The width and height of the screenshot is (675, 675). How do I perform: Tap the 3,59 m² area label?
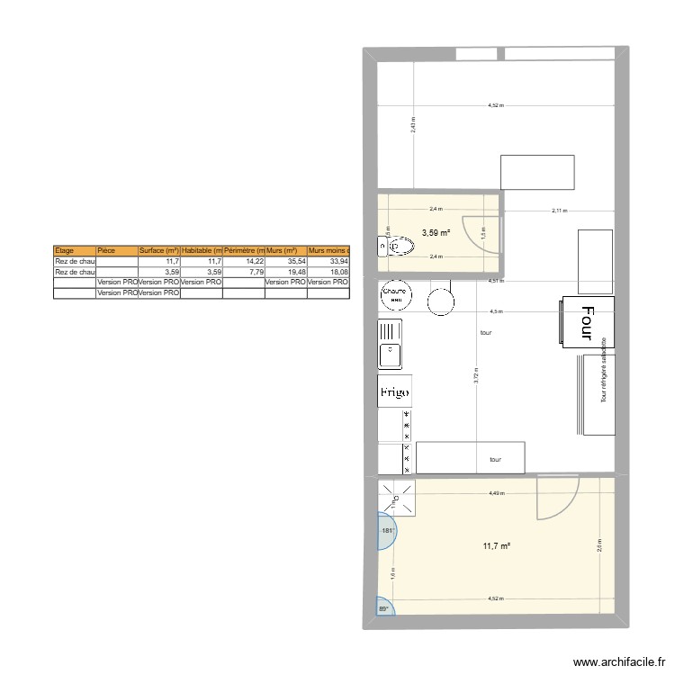click(x=436, y=233)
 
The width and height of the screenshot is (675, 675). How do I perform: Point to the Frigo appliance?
click(x=395, y=391)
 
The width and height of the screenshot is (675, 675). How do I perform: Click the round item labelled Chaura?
click(x=396, y=296)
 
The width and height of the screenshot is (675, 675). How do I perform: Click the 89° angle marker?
click(x=383, y=610)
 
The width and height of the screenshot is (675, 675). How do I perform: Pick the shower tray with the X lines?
click(x=397, y=498)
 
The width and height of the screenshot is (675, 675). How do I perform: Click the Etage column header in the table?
click(x=74, y=250)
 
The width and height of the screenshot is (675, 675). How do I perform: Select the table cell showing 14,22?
click(x=243, y=261)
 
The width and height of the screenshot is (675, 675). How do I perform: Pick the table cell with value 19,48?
click(x=284, y=272)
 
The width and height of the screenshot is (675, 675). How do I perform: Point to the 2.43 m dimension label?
click(x=413, y=124)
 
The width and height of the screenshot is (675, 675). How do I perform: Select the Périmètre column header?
click(x=243, y=250)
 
